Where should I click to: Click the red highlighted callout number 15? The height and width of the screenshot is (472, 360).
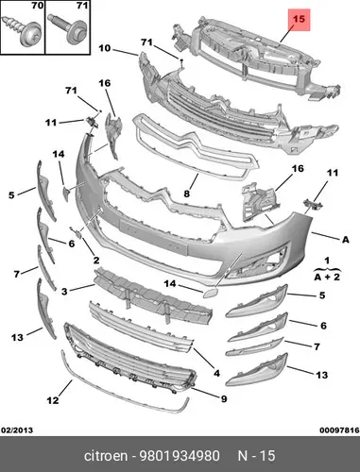pos(299,19)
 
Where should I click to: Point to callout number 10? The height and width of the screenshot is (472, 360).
pos(105,48)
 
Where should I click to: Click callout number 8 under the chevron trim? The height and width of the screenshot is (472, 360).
pos(187,194)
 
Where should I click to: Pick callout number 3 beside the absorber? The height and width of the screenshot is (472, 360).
pos(64,292)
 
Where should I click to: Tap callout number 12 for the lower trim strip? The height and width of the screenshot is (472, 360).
pos(53,400)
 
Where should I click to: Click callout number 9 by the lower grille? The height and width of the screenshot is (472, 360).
pos(224,398)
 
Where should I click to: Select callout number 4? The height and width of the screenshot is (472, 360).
pos(216,373)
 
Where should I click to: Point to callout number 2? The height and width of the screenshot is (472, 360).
pos(96,260)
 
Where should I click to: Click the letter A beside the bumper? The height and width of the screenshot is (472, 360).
pos(346,240)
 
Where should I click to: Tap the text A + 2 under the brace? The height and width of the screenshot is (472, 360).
pos(327,277)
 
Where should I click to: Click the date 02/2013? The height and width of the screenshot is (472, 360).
pos(18,430)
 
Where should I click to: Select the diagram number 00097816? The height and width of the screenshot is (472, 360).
pos(339,430)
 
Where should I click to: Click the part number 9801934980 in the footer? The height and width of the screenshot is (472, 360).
pos(180,456)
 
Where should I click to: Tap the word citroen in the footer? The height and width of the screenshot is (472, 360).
pos(106,456)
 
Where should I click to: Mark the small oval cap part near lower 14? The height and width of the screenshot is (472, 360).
pos(209,293)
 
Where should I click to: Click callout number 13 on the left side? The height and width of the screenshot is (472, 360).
pos(17,338)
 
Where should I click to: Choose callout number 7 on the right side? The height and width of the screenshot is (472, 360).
pos(317,346)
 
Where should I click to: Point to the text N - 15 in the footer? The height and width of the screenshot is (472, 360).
pos(256,456)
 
